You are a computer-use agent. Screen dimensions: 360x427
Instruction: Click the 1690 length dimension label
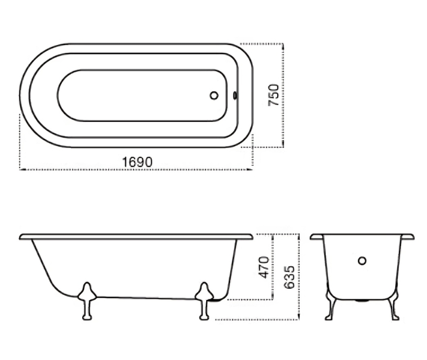138,162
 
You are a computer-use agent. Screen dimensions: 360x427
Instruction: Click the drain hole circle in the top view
214,96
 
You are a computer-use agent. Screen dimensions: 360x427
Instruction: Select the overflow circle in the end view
362,261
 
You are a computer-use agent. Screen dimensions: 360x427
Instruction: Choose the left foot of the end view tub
329,309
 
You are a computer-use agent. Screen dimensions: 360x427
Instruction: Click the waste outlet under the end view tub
362,301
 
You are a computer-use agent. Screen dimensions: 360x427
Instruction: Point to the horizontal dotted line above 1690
136,170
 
